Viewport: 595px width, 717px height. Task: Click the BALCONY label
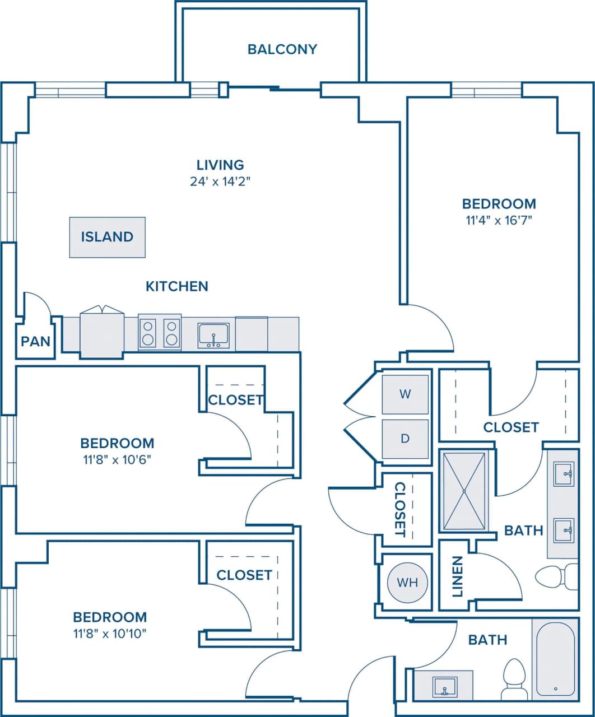pos(282,49)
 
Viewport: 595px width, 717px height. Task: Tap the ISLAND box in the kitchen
pos(107,237)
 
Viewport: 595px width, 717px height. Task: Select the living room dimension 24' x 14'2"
pos(220,181)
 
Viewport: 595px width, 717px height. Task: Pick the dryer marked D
pos(405,439)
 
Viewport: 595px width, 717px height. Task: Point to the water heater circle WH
pos(407,583)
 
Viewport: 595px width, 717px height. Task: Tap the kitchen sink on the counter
pos(213,336)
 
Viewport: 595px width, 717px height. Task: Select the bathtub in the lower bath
pos(555,659)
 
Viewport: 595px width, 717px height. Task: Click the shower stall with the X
pos(464,491)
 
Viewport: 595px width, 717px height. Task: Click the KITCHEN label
pos(177,287)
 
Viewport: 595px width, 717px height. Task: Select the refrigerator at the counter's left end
pos(101,333)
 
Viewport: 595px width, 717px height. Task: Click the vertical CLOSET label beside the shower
pos(399,509)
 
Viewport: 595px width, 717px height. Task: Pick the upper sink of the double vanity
pos(564,474)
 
